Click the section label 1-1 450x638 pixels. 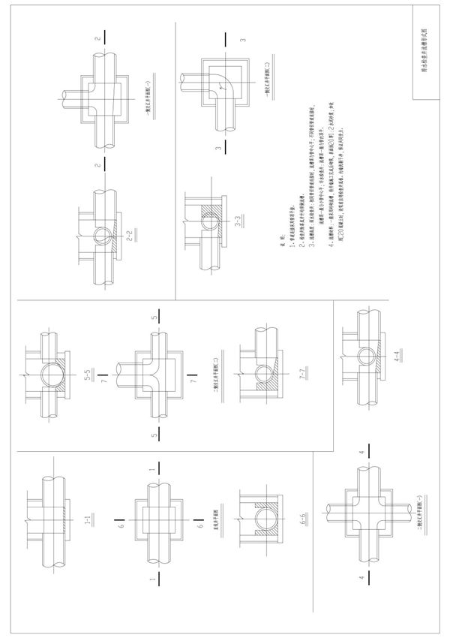87,518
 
